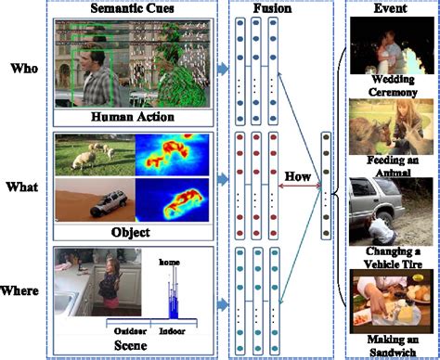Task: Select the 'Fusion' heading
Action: (x=275, y=8)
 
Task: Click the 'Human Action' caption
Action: (x=136, y=117)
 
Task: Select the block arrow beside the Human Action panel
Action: (x=224, y=68)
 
